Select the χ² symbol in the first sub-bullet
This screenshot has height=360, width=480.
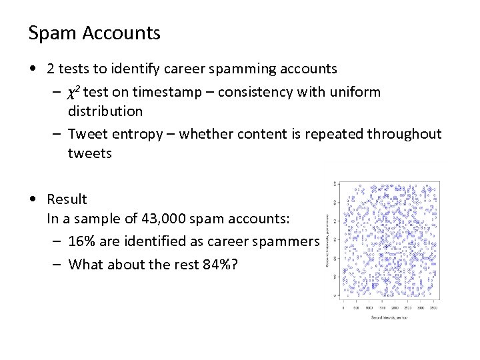(x=75, y=92)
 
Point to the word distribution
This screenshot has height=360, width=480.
(x=105, y=110)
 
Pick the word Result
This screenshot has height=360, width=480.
(x=67, y=199)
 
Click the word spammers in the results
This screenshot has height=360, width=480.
(x=289, y=241)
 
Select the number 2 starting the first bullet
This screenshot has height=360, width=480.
(x=51, y=68)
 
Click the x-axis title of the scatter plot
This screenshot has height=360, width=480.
(x=388, y=317)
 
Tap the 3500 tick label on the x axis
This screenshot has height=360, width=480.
(x=434, y=308)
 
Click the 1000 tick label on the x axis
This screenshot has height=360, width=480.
(x=369, y=308)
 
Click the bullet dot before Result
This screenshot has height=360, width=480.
(x=33, y=199)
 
